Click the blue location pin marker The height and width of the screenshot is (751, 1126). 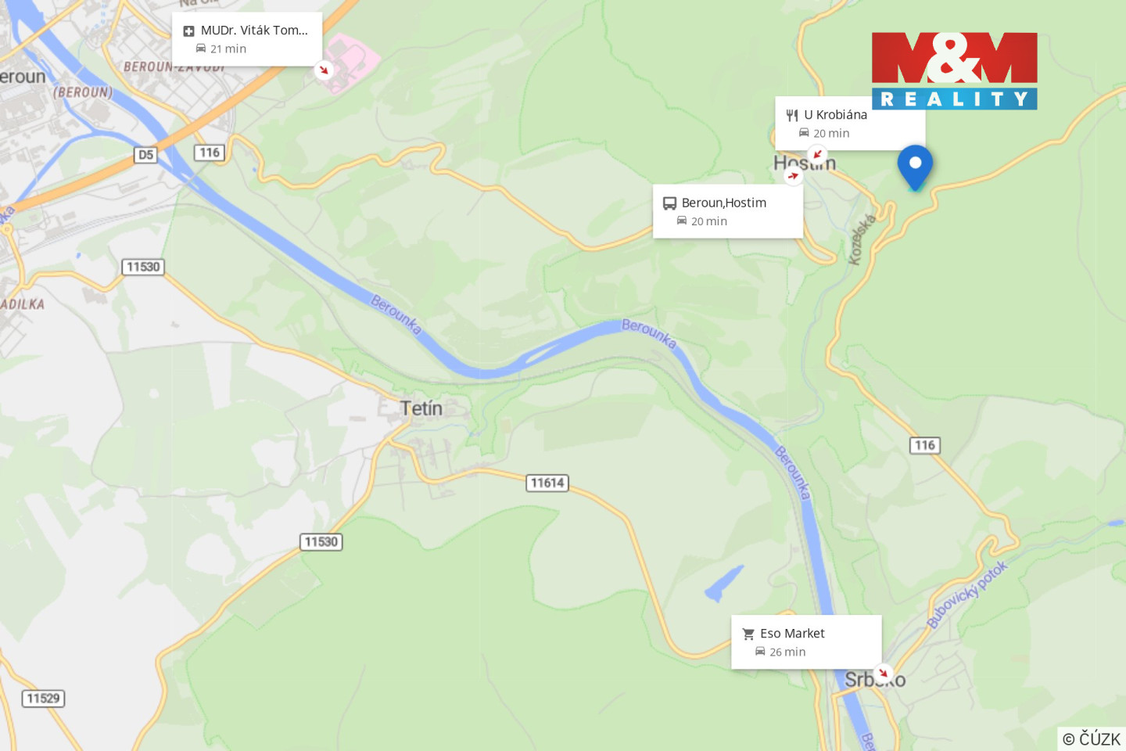(914, 165)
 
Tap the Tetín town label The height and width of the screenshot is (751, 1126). (421, 408)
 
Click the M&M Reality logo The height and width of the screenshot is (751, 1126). (954, 70)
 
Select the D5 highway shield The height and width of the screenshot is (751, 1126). (145, 155)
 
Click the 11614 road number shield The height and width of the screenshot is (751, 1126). (547, 483)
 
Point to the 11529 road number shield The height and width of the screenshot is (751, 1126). (43, 698)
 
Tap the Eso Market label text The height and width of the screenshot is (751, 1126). (792, 633)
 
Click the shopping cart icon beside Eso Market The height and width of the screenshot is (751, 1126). (748, 634)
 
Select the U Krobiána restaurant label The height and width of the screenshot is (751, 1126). (835, 114)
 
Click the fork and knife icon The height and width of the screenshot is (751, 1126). (792, 115)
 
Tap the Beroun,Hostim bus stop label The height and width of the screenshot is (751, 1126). (723, 203)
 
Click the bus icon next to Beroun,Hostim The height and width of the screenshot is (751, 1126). (669, 203)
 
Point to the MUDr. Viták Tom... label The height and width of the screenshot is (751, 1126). (254, 31)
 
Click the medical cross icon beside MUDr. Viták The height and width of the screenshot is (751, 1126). (188, 31)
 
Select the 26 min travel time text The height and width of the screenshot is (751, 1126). (787, 652)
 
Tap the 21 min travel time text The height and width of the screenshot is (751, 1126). (228, 49)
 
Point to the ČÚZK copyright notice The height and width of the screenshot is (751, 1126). (1091, 738)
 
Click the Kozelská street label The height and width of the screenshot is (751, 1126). (862, 239)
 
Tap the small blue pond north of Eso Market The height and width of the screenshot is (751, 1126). (723, 584)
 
